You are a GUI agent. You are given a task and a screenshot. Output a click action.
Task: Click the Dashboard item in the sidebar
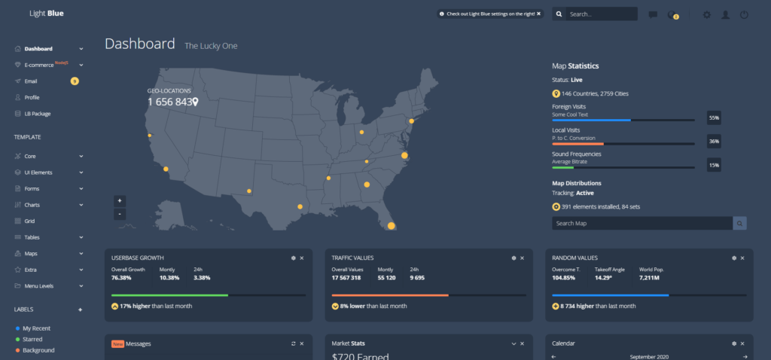click(x=38, y=49)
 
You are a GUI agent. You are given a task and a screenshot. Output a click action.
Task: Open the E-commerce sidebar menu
click(x=44, y=65)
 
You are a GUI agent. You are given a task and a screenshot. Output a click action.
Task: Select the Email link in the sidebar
click(x=30, y=81)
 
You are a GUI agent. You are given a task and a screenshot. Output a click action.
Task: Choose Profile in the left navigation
click(x=32, y=97)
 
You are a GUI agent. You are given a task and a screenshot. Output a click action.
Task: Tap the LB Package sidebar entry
click(x=37, y=114)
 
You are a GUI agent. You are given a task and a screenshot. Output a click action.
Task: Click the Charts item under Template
click(x=32, y=205)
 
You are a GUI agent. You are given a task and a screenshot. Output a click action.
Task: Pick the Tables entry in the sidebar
click(x=32, y=237)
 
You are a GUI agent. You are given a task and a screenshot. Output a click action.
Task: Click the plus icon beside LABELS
click(x=81, y=310)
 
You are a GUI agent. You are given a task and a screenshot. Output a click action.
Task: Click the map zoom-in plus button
click(x=120, y=201)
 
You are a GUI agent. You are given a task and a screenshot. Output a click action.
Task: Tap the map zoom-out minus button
click(x=120, y=214)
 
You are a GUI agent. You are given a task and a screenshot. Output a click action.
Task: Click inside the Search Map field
click(x=641, y=224)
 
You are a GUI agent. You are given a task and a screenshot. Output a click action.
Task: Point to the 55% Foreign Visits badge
click(x=714, y=117)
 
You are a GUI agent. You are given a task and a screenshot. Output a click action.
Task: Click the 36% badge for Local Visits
click(x=714, y=141)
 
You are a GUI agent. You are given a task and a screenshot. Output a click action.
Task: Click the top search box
click(x=600, y=14)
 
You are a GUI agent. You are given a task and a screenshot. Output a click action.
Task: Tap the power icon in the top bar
click(x=744, y=14)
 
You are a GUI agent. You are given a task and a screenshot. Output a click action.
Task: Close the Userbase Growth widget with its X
click(x=302, y=258)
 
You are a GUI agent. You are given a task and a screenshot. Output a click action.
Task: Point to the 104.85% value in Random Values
click(x=564, y=277)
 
